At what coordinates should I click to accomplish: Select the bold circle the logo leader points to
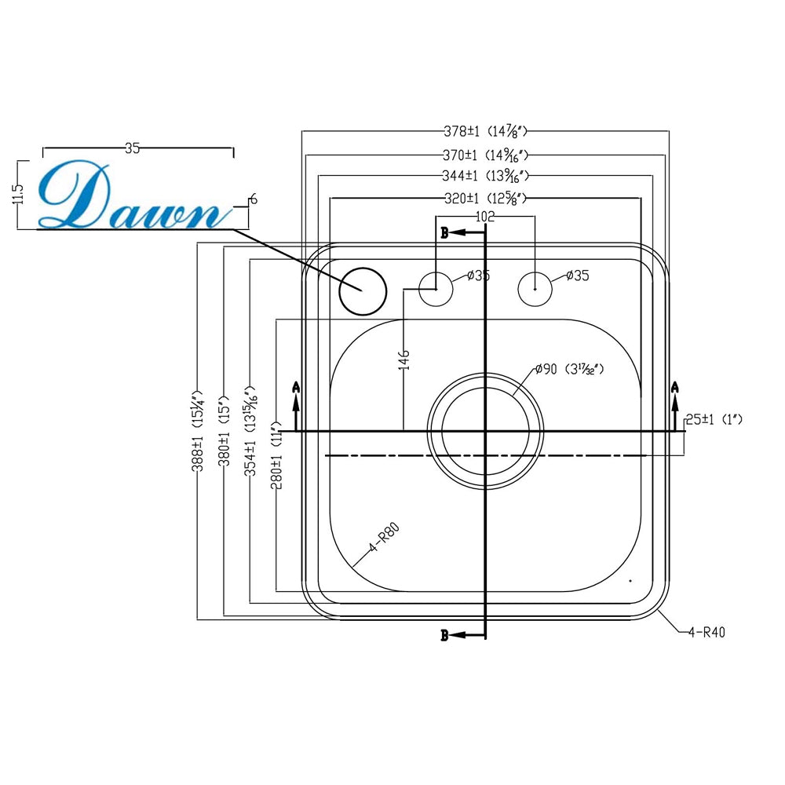[x=363, y=290]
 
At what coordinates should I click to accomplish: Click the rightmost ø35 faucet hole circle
[x=535, y=289]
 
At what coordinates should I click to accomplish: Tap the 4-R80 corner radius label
[x=385, y=539]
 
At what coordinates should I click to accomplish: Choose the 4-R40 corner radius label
[x=706, y=632]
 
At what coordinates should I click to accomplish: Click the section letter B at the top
[x=444, y=233]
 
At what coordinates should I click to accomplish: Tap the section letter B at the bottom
[x=444, y=636]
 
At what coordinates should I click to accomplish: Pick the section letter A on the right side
[x=674, y=387]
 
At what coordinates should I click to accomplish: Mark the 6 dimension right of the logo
[x=253, y=200]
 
